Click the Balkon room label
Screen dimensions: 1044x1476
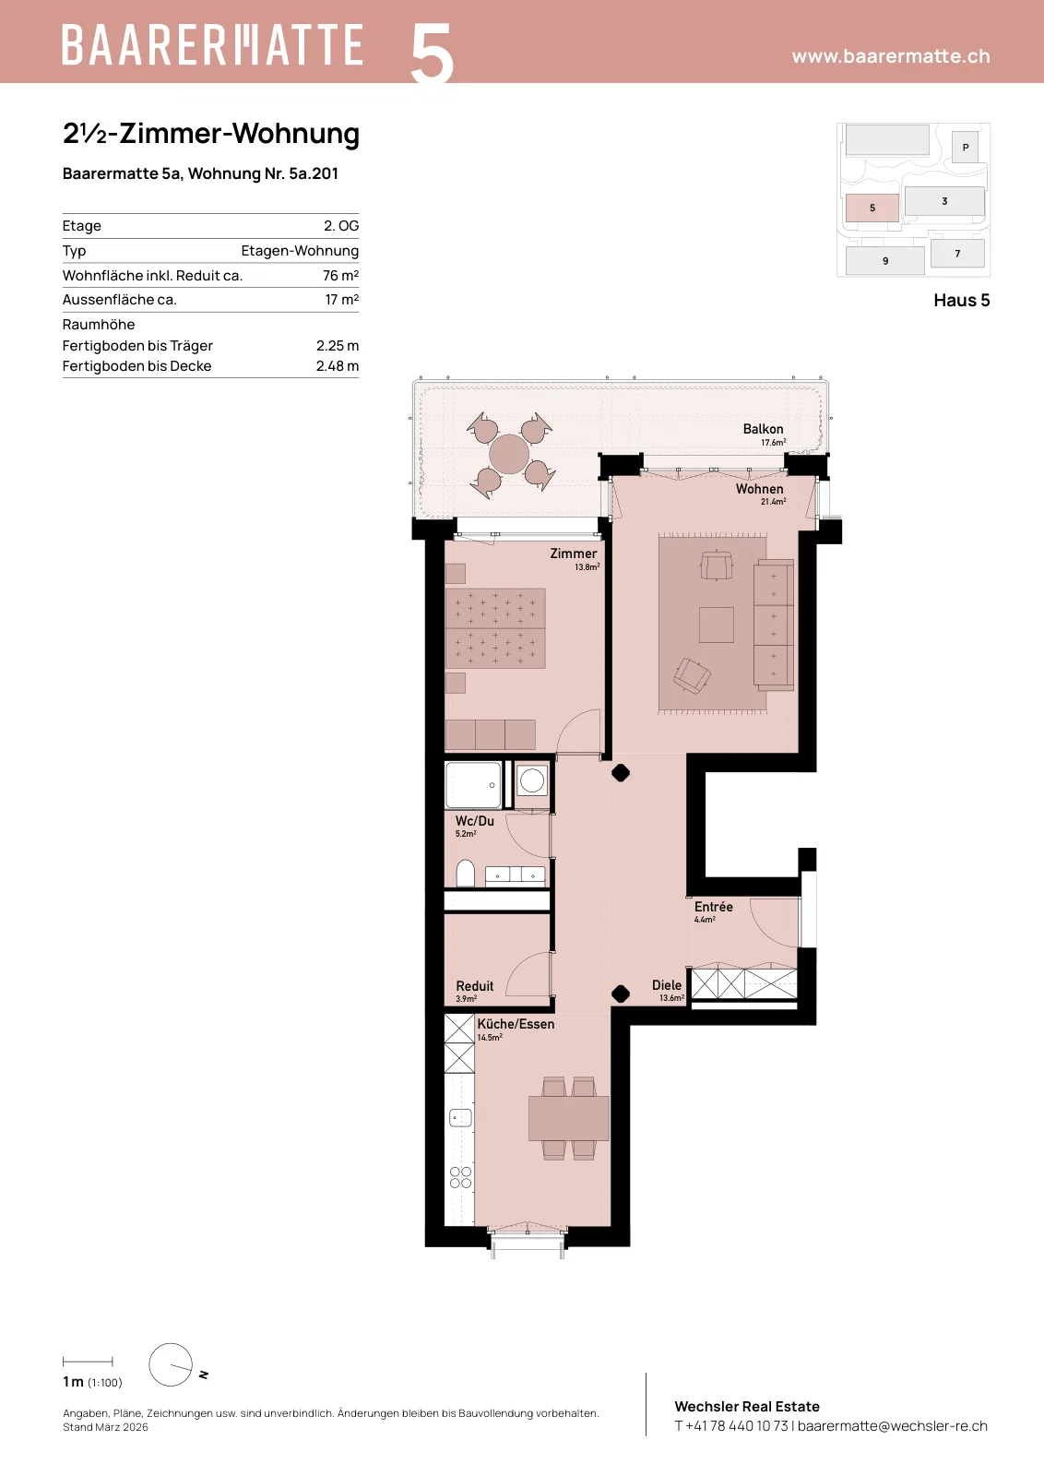point(763,429)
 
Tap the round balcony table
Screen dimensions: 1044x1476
point(509,454)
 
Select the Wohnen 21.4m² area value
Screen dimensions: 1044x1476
point(773,502)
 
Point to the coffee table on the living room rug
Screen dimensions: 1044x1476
point(716,625)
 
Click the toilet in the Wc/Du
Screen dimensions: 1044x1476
point(466,873)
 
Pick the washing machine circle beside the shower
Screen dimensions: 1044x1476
point(531,780)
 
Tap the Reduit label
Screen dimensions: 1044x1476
point(474,986)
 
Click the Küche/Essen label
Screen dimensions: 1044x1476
point(516,1024)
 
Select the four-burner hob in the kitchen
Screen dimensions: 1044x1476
point(460,1177)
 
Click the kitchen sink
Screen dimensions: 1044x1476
point(460,1117)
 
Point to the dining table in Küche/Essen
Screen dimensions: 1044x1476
point(568,1118)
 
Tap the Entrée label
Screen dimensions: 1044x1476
point(713,907)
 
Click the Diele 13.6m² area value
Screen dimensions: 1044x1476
point(671,998)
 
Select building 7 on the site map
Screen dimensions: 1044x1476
point(957,254)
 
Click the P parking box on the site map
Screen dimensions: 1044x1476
point(965,148)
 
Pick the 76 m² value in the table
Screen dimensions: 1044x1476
point(340,276)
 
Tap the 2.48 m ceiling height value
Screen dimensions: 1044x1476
point(338,366)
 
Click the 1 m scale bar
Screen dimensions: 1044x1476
point(88,1362)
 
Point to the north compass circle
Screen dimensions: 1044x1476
point(171,1364)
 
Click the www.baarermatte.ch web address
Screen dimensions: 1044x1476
point(891,56)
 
